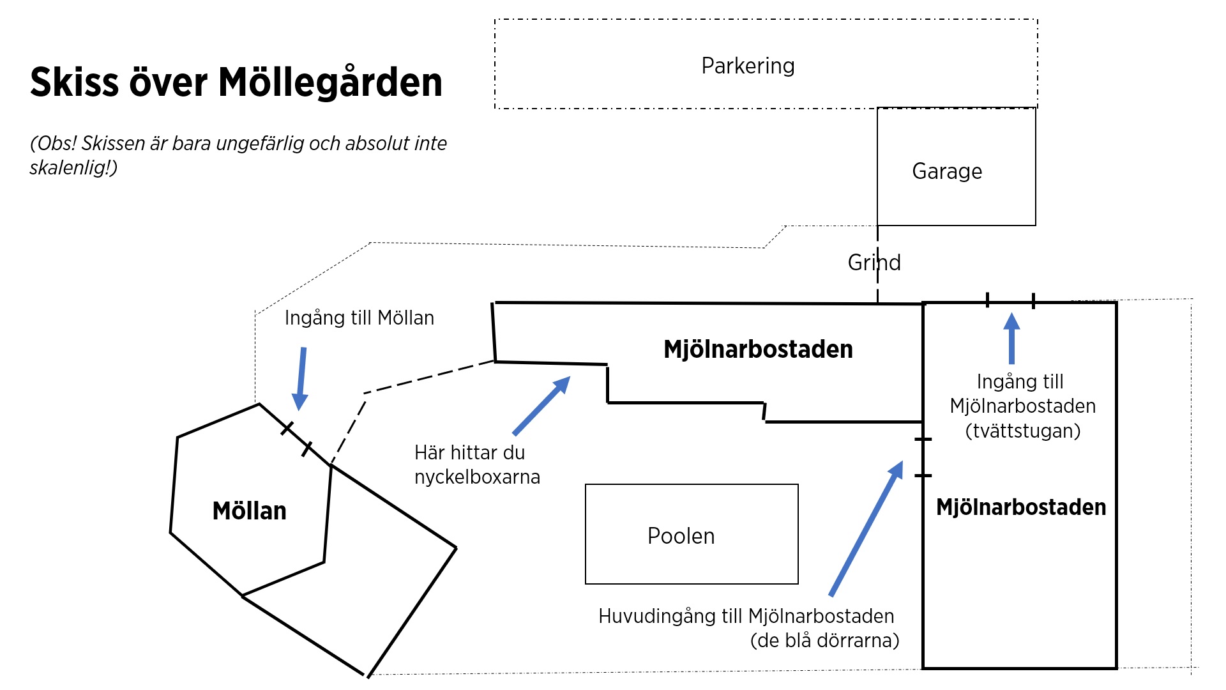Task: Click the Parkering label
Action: [x=748, y=66]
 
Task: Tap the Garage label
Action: [x=947, y=171]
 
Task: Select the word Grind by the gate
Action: [x=874, y=263]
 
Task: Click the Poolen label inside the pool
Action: [x=681, y=536]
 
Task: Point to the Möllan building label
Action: [x=249, y=511]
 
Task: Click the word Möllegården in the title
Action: [x=330, y=82]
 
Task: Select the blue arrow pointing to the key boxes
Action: [x=541, y=406]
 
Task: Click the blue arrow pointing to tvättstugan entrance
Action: [x=1011, y=338]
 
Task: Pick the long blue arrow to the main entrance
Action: [x=867, y=528]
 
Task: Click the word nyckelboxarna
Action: [x=477, y=477]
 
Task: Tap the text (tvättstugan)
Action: [x=1022, y=431]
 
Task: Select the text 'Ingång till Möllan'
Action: [x=359, y=318]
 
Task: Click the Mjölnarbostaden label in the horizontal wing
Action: [x=758, y=349]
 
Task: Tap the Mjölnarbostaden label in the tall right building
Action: [x=1020, y=507]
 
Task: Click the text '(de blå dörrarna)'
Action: [x=824, y=640]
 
